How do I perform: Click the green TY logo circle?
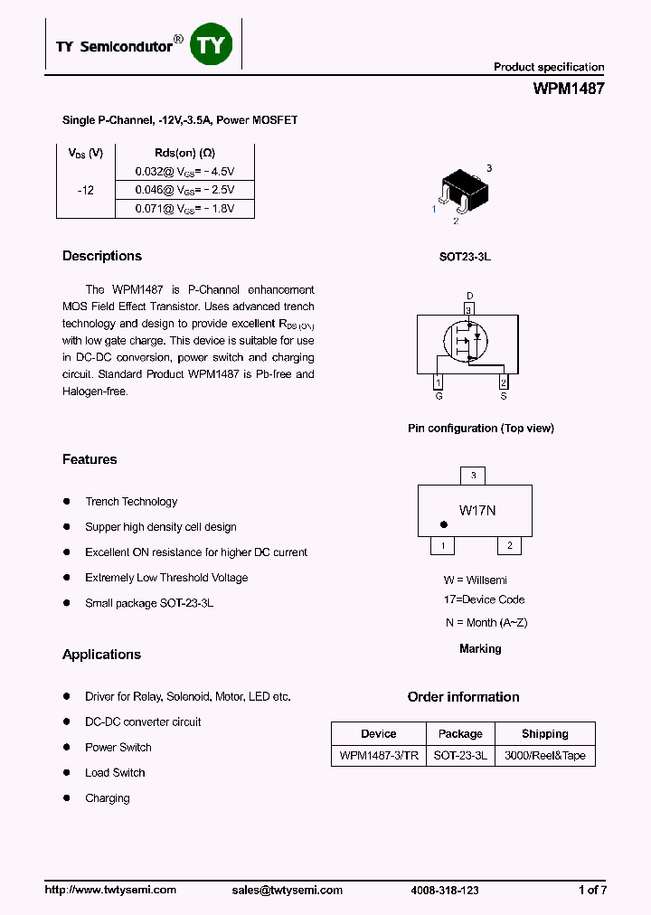pos(211,45)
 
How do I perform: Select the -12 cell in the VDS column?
pos(85,191)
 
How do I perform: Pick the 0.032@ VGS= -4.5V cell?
pos(184,171)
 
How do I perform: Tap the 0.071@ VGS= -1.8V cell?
pos(184,209)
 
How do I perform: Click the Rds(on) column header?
pos(184,153)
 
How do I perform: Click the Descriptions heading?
pos(102,256)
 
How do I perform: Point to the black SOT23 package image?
pos(464,192)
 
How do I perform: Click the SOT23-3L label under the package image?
pos(465,257)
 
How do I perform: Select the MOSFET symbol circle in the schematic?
pos(466,341)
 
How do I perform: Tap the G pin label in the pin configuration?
pos(439,396)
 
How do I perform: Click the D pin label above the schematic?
pos(469,296)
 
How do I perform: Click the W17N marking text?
pos(477,511)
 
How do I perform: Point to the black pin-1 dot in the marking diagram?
pos(444,524)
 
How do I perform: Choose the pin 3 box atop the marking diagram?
pos(473,476)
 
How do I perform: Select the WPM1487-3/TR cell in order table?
pos(379,756)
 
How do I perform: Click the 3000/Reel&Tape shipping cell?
pos(544,756)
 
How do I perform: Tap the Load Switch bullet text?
pos(115,773)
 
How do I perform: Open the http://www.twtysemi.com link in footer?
pos(110,891)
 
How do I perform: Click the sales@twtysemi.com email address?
pos(288,891)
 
